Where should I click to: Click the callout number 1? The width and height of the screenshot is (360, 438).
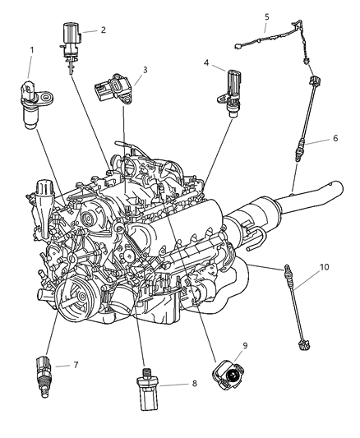click(31, 51)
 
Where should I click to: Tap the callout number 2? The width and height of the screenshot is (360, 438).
click(103, 30)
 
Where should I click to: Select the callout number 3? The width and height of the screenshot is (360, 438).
click(145, 70)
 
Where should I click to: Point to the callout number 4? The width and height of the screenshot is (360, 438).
click(207, 61)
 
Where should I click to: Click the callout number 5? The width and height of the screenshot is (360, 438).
click(266, 16)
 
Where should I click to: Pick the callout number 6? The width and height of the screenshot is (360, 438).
click(335, 139)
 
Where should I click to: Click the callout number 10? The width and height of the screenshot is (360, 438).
click(323, 267)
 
